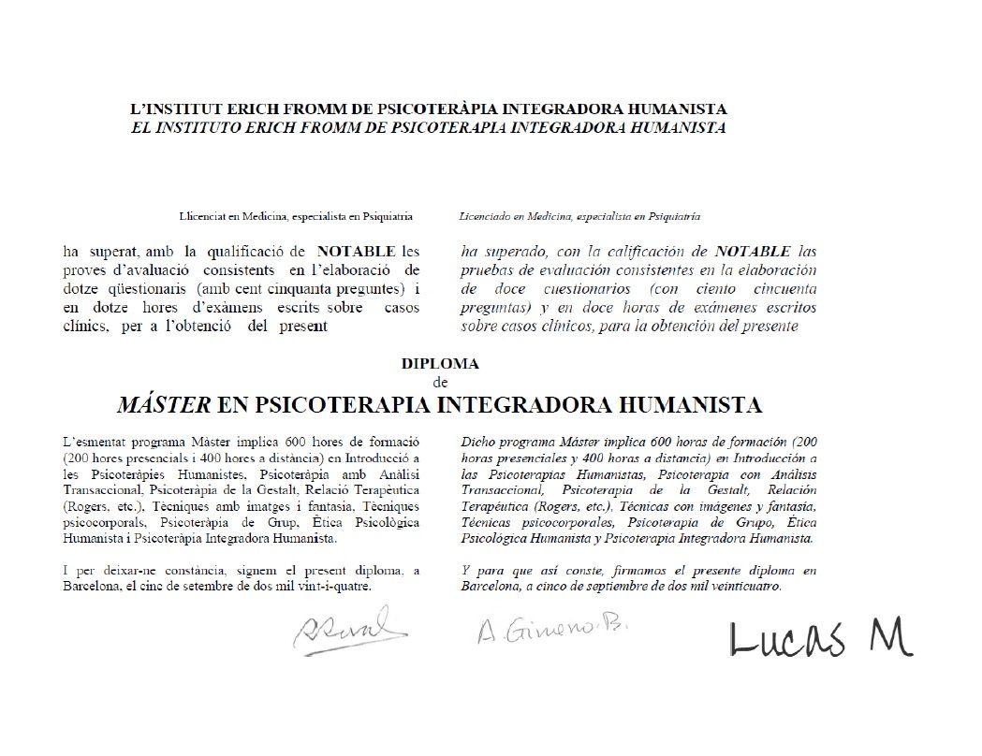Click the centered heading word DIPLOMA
pyautogui.click(x=440, y=363)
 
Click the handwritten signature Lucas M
pyautogui.click(x=820, y=639)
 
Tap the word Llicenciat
pyautogui.click(x=200, y=216)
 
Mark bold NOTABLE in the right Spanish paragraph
pyautogui.click(x=749, y=251)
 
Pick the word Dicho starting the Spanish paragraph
pyautogui.click(x=478, y=440)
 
